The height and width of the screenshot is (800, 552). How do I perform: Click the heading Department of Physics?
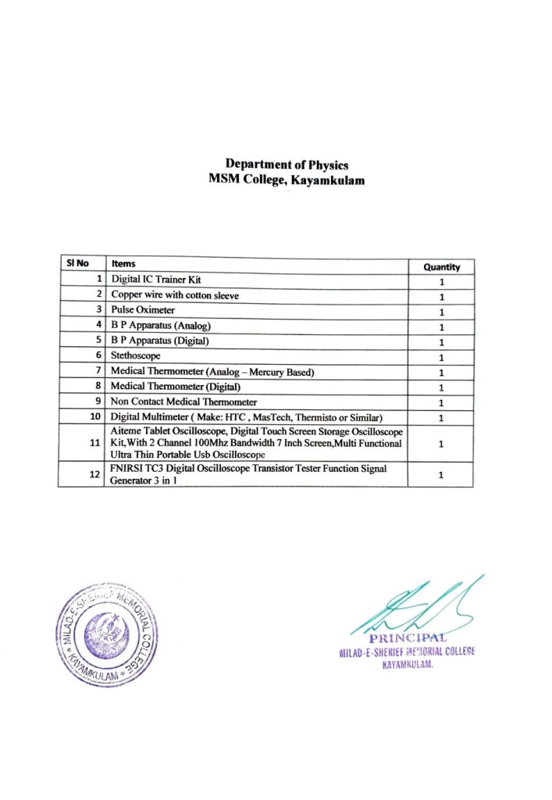tap(287, 164)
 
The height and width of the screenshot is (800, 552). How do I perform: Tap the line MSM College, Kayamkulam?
tap(287, 179)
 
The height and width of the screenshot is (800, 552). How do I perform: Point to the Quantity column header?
tap(442, 266)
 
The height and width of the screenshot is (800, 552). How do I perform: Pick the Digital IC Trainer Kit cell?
tap(159, 279)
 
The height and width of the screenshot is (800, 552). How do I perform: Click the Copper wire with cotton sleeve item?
tap(175, 295)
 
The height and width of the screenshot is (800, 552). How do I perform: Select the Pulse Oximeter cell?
tap(143, 310)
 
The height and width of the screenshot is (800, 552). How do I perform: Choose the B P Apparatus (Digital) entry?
tap(160, 341)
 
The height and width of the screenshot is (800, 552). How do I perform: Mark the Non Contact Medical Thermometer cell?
tap(183, 402)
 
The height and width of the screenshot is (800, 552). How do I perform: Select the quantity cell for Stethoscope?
tap(442, 357)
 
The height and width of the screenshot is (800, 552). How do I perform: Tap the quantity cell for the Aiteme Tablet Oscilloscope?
tap(442, 443)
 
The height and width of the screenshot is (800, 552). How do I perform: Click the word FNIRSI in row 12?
tap(128, 468)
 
